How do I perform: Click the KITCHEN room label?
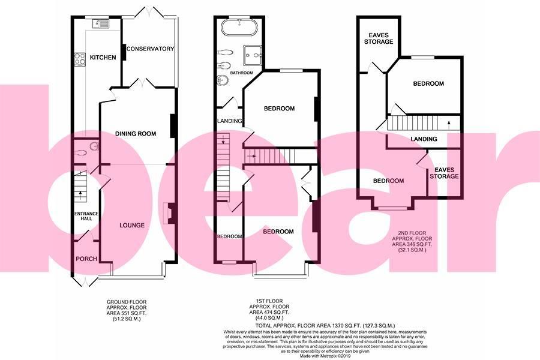click(103, 58)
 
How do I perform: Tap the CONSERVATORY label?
click(150, 49)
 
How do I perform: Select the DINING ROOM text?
click(136, 134)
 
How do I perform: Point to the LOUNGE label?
click(131, 226)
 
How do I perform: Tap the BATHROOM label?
click(242, 73)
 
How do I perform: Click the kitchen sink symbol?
click(100, 24)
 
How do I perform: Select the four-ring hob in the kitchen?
click(79, 59)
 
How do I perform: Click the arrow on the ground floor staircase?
click(80, 194)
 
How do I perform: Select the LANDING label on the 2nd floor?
click(424, 140)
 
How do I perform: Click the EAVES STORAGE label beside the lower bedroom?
click(444, 173)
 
